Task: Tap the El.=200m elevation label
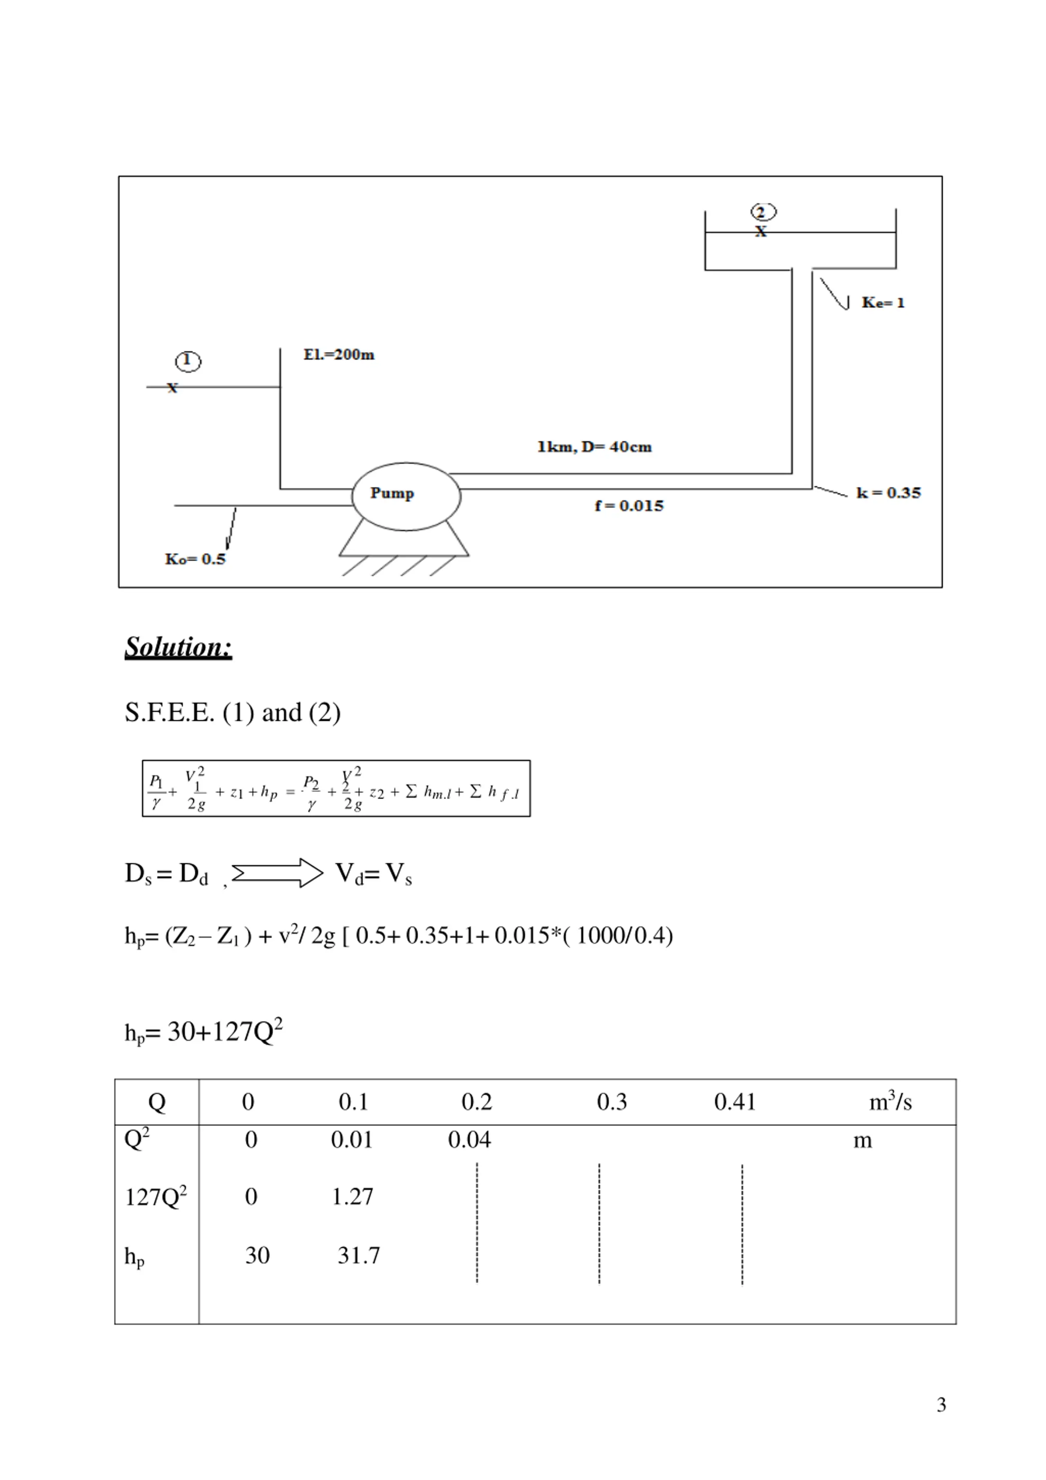339,355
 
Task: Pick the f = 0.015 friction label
629,506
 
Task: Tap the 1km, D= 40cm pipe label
594,447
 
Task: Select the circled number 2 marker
763,212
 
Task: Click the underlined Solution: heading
178,647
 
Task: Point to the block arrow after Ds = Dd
277,873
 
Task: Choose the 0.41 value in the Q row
735,1102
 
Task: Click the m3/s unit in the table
890,1102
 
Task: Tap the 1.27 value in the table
352,1197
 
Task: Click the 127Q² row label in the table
155,1197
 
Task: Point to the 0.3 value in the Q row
611,1102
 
